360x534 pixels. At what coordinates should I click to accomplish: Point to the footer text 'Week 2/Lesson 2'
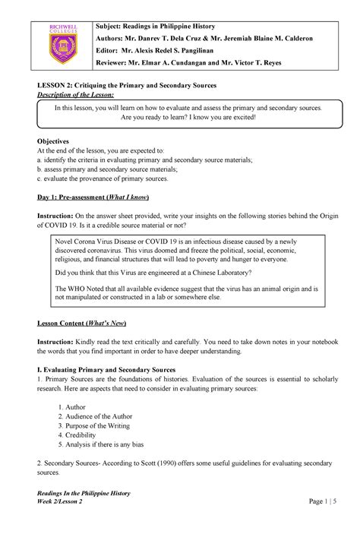pos(66,503)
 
